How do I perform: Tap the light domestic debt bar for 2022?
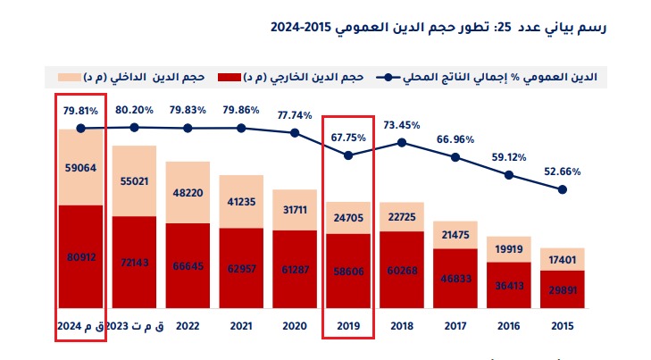[x=188, y=192]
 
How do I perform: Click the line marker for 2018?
[x=402, y=142]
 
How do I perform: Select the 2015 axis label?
[x=563, y=328]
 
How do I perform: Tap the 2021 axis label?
[x=241, y=328]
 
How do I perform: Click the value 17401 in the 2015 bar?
[x=563, y=258]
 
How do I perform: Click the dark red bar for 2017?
[x=455, y=279]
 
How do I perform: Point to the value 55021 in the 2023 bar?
[x=134, y=180]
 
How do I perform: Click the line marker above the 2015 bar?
[x=563, y=189]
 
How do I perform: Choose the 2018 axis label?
[x=402, y=328]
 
